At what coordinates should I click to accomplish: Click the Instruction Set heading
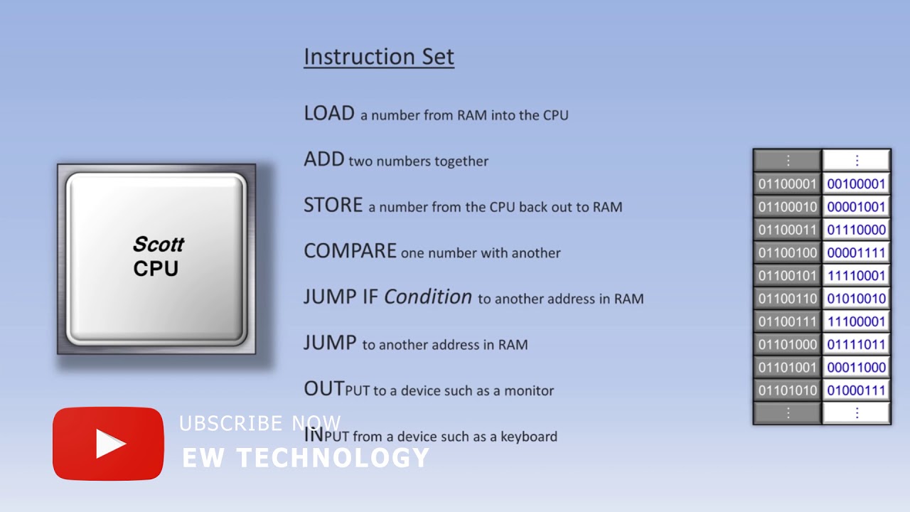click(x=378, y=57)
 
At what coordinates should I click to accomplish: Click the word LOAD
click(x=328, y=114)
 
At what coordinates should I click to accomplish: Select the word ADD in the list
click(x=323, y=159)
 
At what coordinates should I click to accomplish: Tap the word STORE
click(x=333, y=206)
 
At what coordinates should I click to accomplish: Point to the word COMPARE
click(x=350, y=251)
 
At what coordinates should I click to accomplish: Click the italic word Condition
click(x=427, y=297)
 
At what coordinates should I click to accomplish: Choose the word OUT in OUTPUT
click(x=323, y=389)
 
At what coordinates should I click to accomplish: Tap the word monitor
click(x=529, y=390)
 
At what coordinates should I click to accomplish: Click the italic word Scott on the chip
click(x=158, y=245)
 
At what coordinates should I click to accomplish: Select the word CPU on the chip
click(x=156, y=269)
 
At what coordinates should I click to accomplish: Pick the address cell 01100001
click(x=787, y=184)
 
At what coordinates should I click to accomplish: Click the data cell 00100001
click(x=856, y=184)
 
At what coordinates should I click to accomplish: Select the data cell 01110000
click(x=856, y=230)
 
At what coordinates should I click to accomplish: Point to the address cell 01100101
click(x=787, y=275)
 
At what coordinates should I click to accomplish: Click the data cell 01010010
click(x=856, y=299)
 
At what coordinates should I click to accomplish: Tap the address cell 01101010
click(x=787, y=390)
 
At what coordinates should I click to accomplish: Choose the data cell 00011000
click(x=856, y=367)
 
